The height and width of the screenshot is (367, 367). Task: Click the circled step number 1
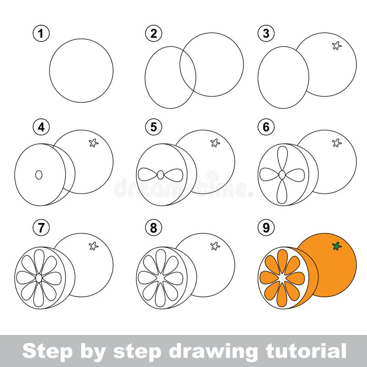click(x=41, y=33)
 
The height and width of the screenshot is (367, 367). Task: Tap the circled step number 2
click(x=154, y=33)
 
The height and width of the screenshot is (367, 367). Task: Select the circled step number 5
click(x=154, y=128)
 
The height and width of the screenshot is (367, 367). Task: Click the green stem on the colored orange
click(x=337, y=246)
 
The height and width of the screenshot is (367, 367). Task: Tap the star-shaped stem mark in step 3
click(x=337, y=45)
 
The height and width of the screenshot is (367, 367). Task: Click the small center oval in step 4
click(x=39, y=175)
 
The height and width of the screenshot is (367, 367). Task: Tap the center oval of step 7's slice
click(x=39, y=278)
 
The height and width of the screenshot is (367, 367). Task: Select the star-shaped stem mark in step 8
click(x=215, y=246)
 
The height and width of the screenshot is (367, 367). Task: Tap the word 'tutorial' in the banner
click(x=306, y=351)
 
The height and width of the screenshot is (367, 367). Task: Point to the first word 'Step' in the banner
click(x=45, y=351)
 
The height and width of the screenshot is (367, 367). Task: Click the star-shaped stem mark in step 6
click(x=337, y=143)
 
